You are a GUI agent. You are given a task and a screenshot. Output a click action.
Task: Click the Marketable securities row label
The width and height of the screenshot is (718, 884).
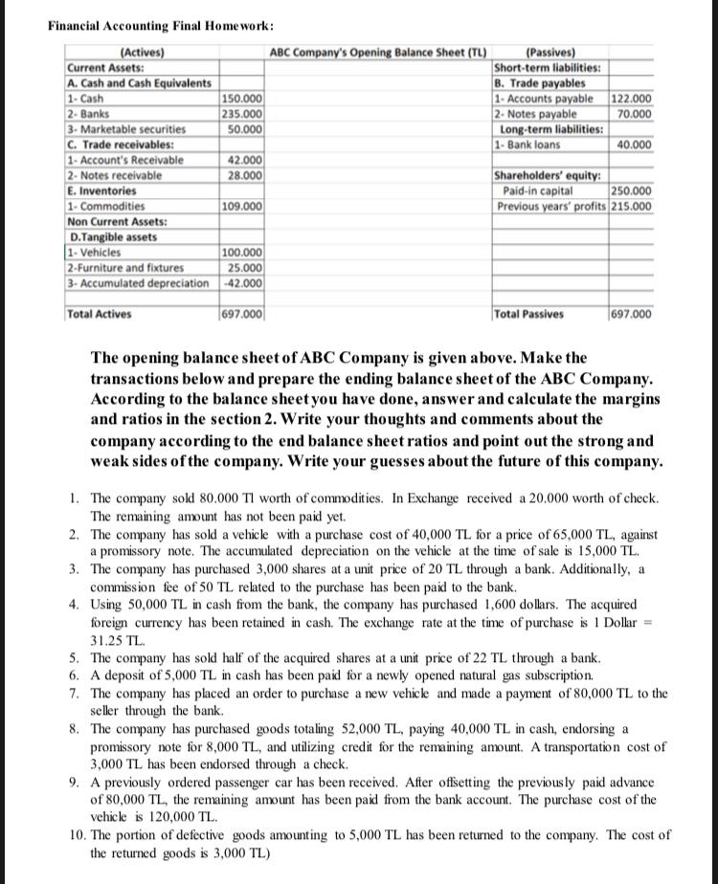click(125, 127)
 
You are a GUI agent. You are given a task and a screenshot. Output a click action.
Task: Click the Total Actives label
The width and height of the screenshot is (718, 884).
click(100, 314)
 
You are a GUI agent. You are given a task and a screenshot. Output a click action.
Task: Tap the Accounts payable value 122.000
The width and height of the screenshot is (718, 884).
click(632, 99)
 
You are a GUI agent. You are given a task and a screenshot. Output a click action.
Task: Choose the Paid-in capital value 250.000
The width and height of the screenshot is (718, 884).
click(632, 191)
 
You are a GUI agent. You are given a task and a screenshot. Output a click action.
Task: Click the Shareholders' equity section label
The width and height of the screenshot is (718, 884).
click(547, 175)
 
